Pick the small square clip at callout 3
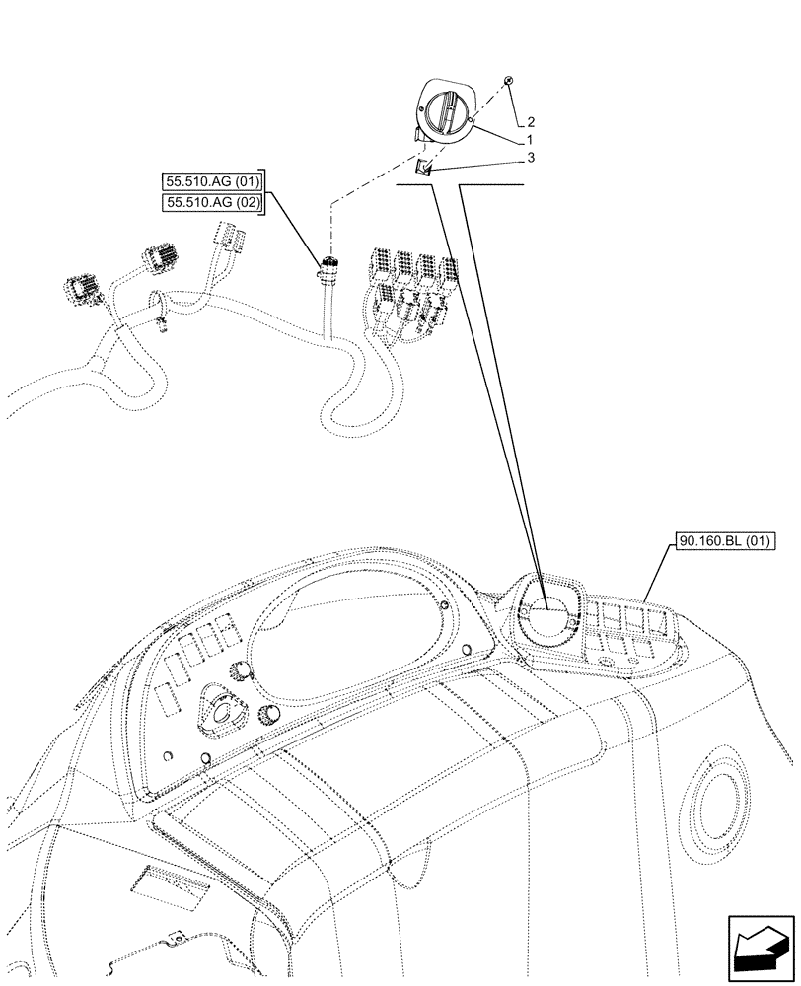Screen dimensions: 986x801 (x=424, y=168)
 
